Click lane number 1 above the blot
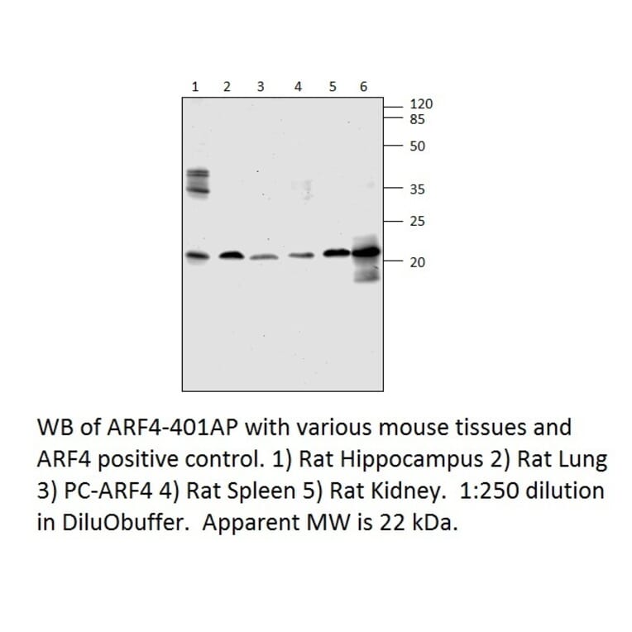point(195,86)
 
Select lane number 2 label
point(227,86)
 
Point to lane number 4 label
point(299,86)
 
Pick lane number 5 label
point(332,86)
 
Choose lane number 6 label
point(363,86)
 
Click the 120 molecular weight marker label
point(421,105)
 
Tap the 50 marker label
point(417,147)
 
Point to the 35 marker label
point(417,189)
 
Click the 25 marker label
point(417,221)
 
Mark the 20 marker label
point(417,262)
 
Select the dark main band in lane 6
point(366,251)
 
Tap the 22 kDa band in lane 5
point(336,252)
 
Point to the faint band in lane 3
point(264,257)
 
